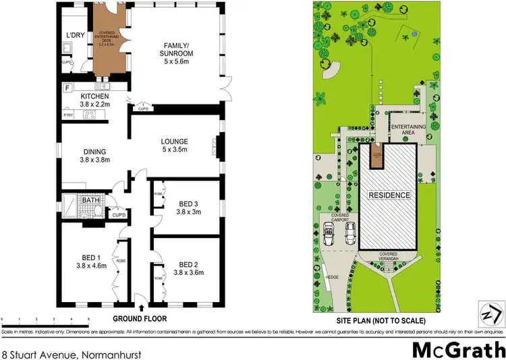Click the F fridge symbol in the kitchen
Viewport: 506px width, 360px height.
tap(67, 88)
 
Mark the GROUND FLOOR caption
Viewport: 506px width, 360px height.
tap(140, 318)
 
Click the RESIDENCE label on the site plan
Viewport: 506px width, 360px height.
tap(389, 196)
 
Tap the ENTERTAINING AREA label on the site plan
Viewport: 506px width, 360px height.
tap(411, 130)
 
